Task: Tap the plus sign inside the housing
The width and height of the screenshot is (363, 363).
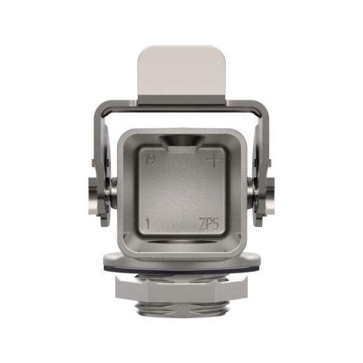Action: (x=214, y=160)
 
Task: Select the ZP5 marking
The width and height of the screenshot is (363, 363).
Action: (x=210, y=223)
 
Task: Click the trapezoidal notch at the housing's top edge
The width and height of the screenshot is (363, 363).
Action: (x=181, y=141)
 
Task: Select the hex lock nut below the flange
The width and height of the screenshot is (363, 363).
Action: (x=181, y=288)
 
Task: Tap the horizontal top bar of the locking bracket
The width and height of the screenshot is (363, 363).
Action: (x=181, y=105)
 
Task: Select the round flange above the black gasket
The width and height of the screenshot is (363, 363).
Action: (x=181, y=259)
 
